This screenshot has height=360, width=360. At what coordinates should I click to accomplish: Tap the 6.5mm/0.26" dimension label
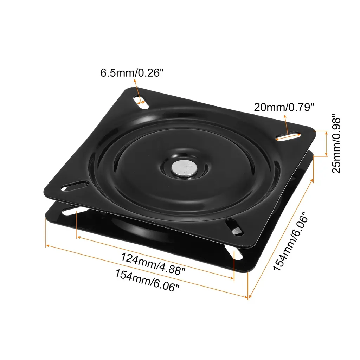click(132, 73)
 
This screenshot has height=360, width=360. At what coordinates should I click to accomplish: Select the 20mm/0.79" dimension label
click(284, 107)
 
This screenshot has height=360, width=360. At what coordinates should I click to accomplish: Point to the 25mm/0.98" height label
click(336, 144)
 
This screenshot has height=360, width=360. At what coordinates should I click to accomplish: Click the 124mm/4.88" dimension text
click(153, 264)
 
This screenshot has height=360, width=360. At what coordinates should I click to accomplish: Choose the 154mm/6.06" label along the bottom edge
click(147, 281)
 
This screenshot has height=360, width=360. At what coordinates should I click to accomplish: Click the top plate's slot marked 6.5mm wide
click(141, 102)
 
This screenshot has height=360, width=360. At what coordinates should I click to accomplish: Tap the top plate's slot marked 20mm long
click(288, 136)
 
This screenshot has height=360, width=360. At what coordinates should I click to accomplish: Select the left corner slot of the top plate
click(75, 186)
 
